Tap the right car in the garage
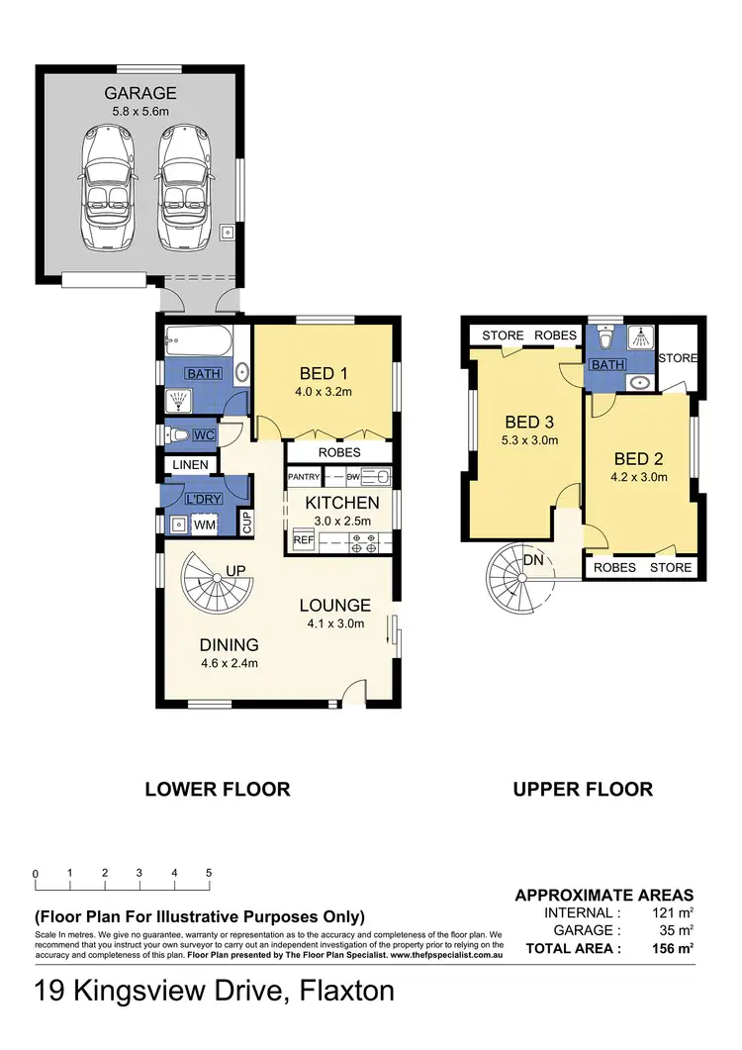coord(182,187)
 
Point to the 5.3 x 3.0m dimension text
coord(526,439)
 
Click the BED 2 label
coord(639,458)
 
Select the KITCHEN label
coord(341,503)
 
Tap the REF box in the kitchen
coord(301,541)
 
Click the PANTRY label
coord(304,477)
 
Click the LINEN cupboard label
coord(189,464)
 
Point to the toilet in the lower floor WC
coord(179,434)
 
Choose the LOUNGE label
coord(336,606)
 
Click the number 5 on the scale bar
coord(209,873)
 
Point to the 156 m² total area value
coord(673,948)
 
